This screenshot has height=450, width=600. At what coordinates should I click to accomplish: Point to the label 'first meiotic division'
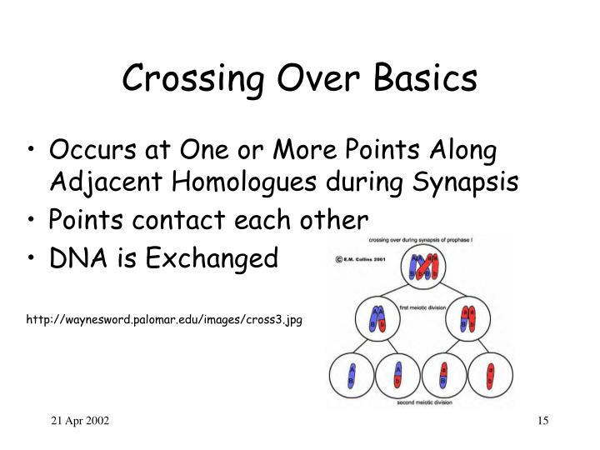(428, 307)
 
